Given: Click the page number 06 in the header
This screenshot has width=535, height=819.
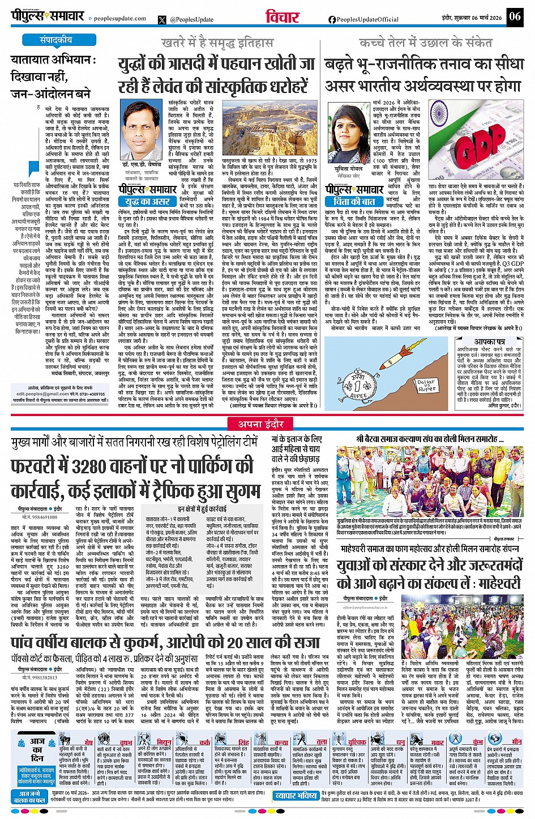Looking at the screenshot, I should (x=515, y=16).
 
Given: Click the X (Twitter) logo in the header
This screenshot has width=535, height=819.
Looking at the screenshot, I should (x=162, y=19).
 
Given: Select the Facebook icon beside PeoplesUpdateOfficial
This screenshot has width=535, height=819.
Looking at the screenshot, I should (x=332, y=19).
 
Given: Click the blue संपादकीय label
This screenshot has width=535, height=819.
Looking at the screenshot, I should (x=56, y=40).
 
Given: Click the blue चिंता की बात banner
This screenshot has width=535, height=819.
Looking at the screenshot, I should (x=354, y=201).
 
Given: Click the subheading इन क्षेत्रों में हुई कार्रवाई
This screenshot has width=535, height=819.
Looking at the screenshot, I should (x=202, y=508).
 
